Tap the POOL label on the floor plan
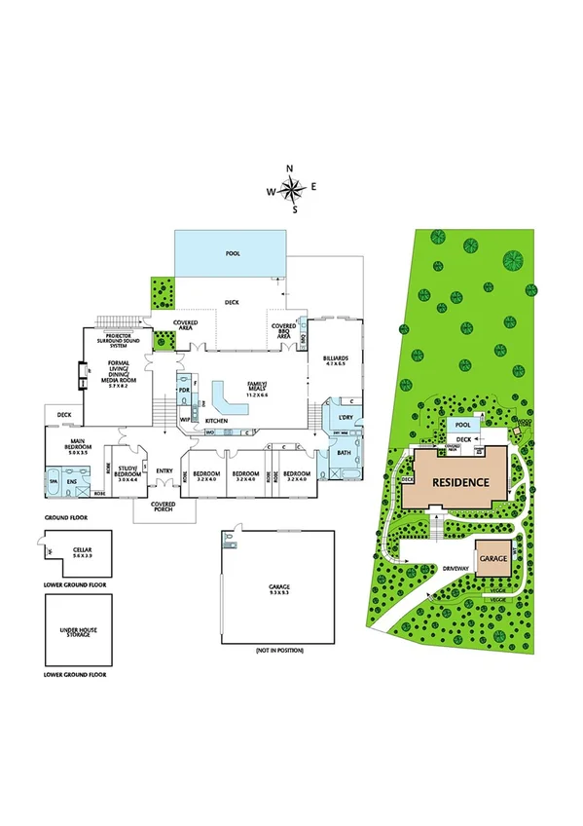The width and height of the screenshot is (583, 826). coord(233,253)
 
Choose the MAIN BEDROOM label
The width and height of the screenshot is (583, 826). coord(78,449)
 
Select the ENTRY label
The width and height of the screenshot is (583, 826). coord(163,470)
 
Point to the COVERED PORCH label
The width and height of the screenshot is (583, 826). coord(163,507)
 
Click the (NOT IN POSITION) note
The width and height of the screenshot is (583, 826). coord(279,650)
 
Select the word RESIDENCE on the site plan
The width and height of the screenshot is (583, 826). coord(460,480)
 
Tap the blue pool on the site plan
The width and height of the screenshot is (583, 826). coord(464,425)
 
